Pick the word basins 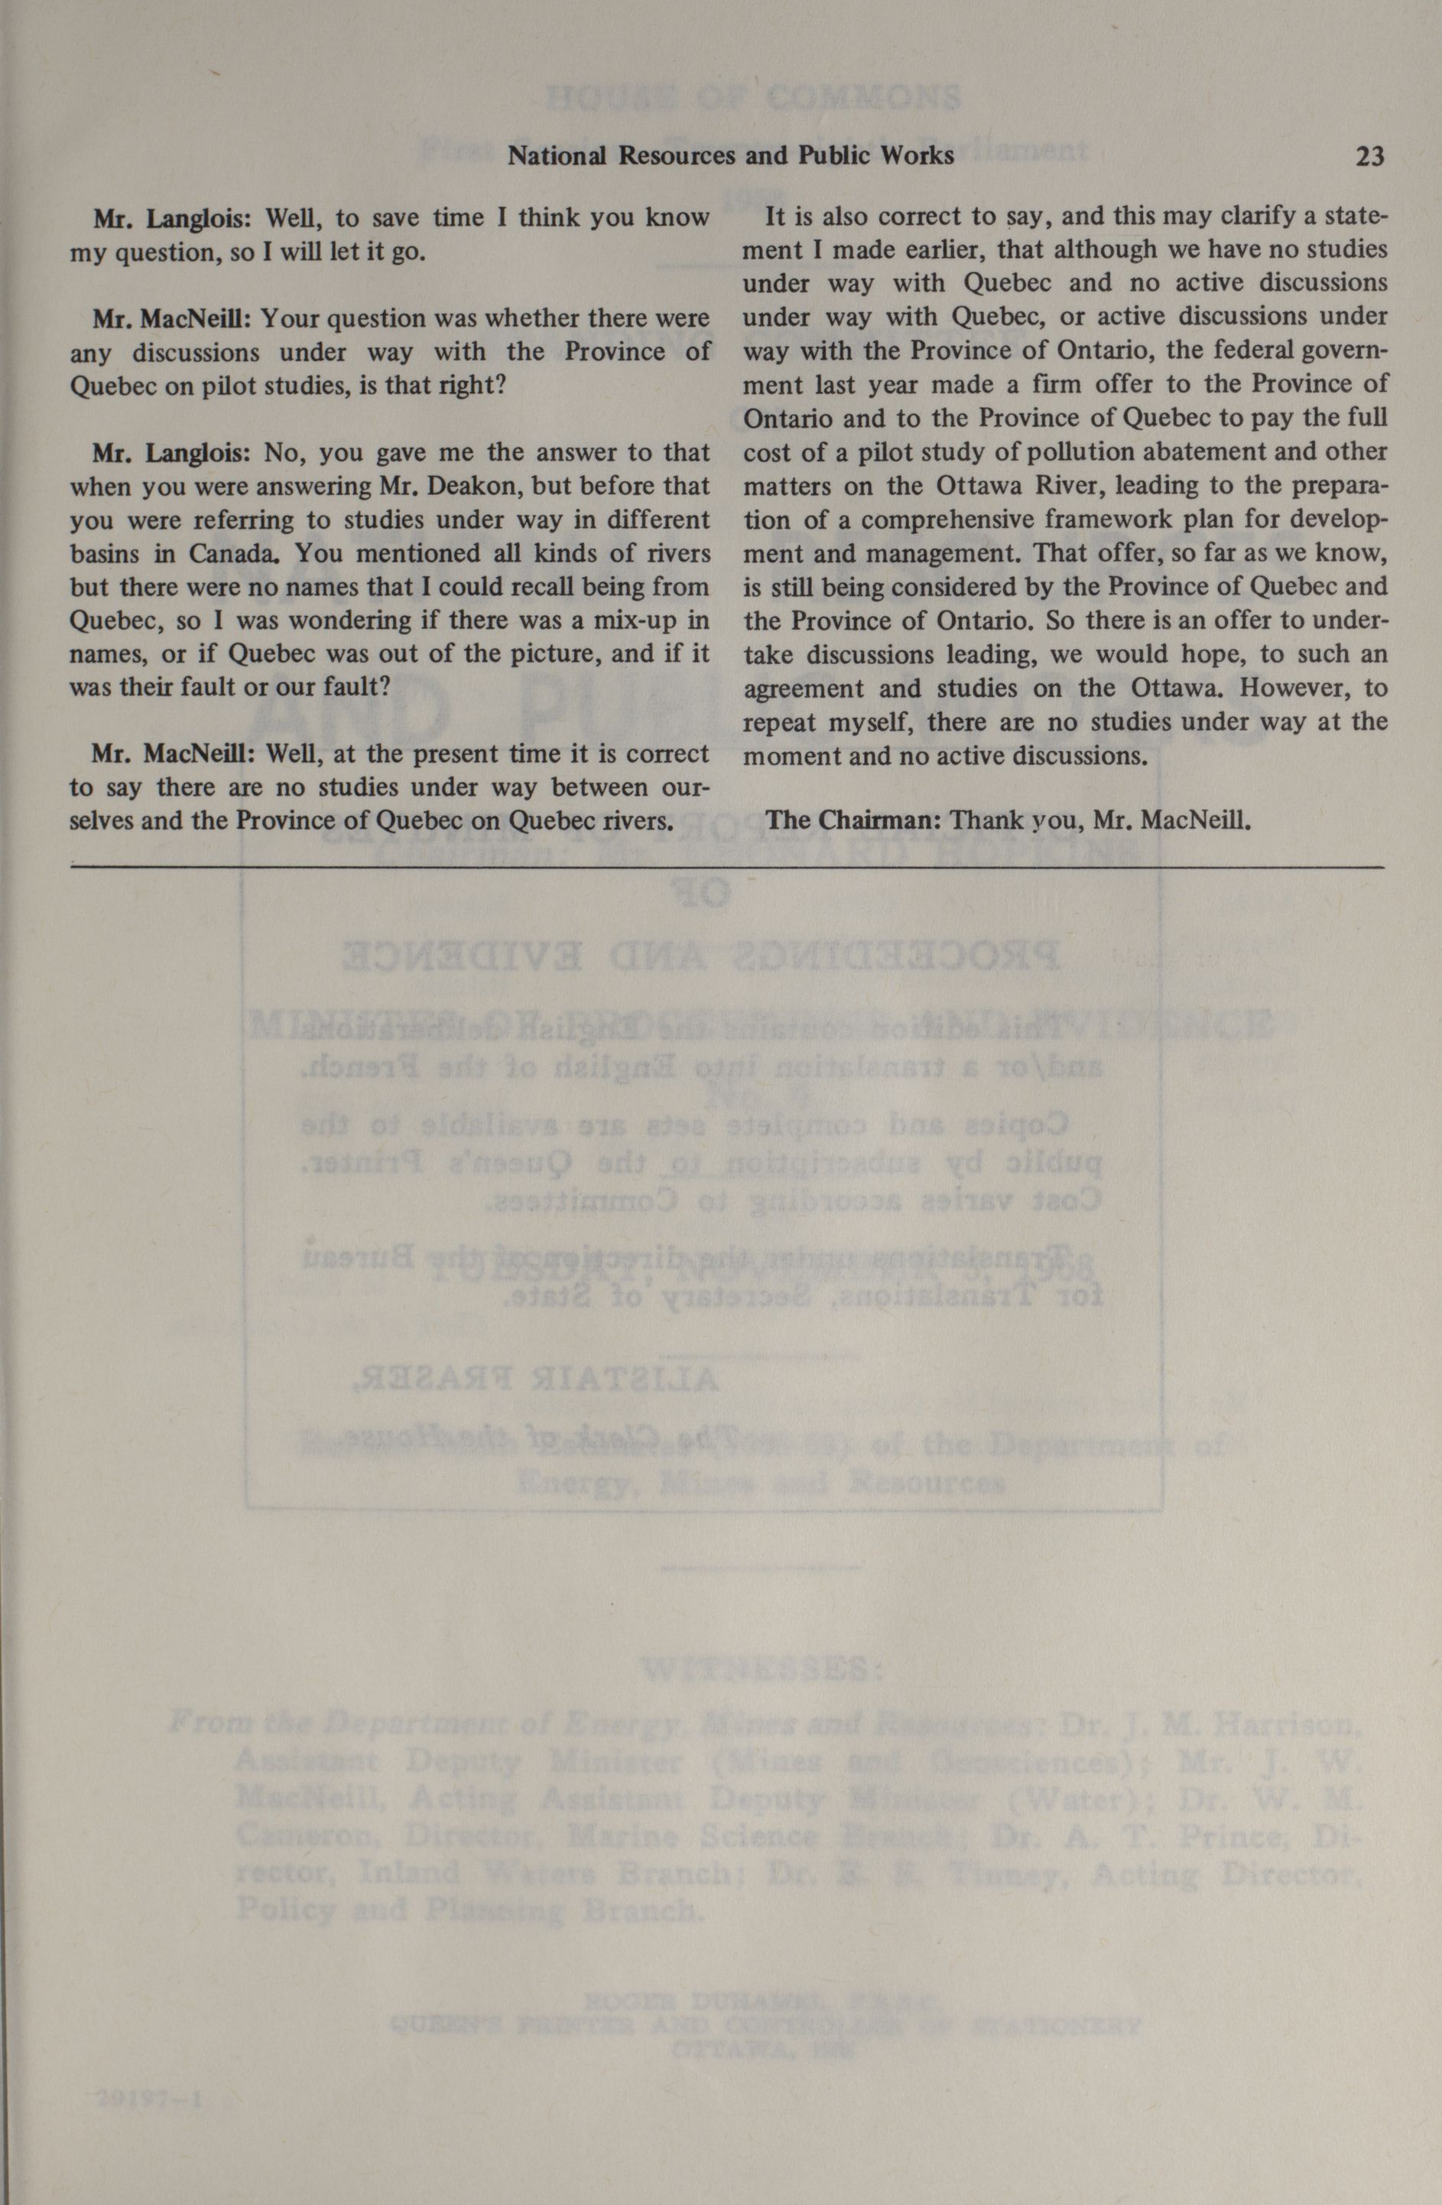[x=105, y=554]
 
